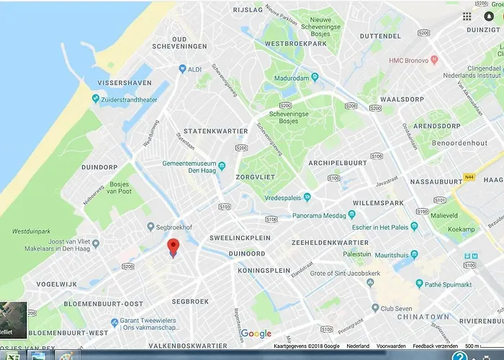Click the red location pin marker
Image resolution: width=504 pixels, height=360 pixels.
(x=173, y=247)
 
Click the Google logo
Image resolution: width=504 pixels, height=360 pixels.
(x=256, y=333)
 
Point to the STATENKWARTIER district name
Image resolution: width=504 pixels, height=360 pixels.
(x=215, y=131)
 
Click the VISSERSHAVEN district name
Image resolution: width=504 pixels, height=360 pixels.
(x=124, y=83)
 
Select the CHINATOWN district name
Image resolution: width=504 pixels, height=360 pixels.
(x=428, y=316)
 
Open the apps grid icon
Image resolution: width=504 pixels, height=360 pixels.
(x=467, y=17)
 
